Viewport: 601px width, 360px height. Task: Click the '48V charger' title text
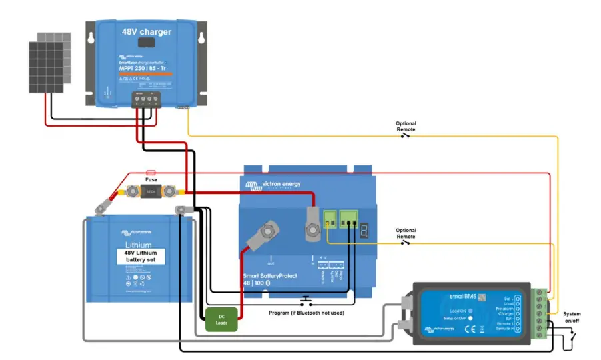[x=146, y=31]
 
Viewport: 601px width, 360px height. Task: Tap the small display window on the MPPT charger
[x=147, y=43]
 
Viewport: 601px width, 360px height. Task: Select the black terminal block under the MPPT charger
[x=146, y=99]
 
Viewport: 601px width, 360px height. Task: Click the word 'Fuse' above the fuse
[x=151, y=180]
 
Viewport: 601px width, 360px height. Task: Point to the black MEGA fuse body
[x=151, y=192]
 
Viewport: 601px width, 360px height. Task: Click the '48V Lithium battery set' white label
[x=140, y=256]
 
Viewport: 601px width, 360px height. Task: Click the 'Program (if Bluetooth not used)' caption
[x=305, y=311]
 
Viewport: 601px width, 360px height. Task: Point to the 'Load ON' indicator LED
[x=470, y=310]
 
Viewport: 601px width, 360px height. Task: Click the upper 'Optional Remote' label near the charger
[x=406, y=126]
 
